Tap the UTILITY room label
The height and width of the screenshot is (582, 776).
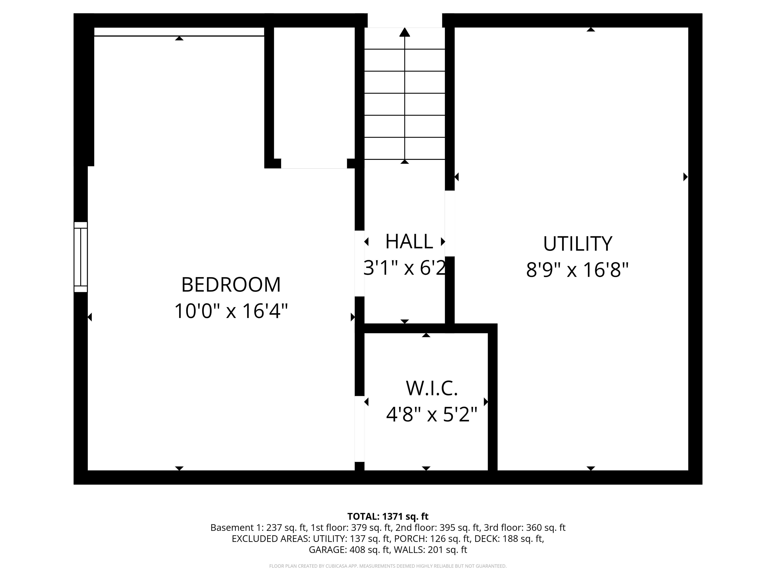point(577,244)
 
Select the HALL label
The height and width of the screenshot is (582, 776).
point(409,241)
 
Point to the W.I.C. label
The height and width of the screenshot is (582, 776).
point(432,388)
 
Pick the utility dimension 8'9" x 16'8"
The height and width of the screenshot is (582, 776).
point(577,270)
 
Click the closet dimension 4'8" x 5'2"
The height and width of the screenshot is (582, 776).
point(432,414)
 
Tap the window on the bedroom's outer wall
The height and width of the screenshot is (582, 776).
point(81,257)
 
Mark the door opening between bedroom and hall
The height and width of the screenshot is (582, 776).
point(360,263)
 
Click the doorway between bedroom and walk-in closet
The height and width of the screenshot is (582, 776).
point(360,429)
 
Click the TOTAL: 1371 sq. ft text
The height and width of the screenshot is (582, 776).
point(388,516)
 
